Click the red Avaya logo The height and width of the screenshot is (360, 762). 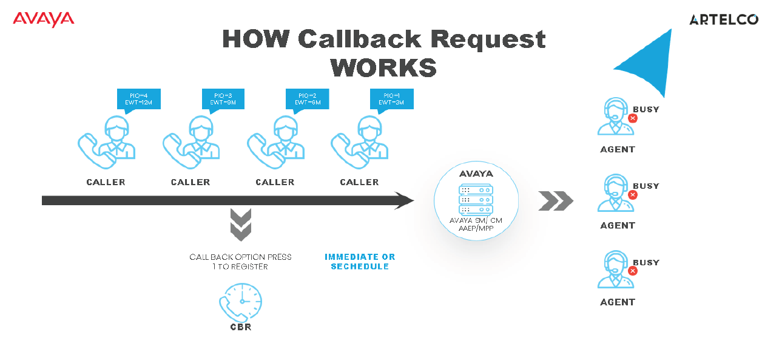43,19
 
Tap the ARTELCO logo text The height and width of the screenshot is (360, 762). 723,20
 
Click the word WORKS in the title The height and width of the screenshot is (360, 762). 383,67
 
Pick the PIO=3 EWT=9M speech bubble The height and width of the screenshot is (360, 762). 223,99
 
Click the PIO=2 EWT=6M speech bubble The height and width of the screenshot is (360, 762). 307,99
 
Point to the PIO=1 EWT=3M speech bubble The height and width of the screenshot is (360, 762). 391,99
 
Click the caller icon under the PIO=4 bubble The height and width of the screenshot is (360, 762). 107,142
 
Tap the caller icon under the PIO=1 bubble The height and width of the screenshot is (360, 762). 360,142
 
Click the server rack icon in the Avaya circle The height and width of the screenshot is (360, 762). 476,199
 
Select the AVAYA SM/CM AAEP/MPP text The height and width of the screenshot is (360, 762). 476,224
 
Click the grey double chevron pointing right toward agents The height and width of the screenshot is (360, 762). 555,201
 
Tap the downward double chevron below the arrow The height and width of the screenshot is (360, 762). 241,225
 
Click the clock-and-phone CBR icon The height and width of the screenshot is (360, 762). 241,302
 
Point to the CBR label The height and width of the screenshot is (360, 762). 240,327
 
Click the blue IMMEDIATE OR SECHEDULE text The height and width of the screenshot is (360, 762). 360,262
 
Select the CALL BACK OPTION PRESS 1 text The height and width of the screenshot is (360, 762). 240,262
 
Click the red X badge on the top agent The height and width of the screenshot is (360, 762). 633,118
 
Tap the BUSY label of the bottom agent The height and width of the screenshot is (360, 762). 646,262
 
